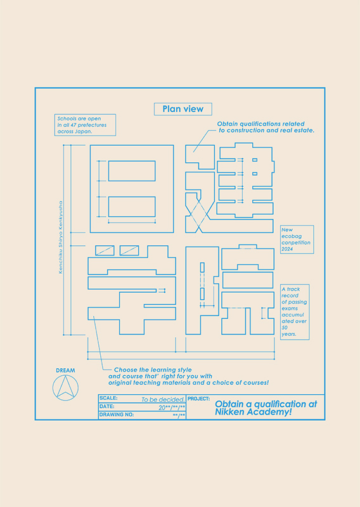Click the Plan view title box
coord(183,109)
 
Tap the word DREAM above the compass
coord(65,371)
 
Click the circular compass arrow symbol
coord(65,388)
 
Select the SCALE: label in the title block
coord(108,398)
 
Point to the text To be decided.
coord(163,400)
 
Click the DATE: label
coord(106,406)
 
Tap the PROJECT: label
coord(198,399)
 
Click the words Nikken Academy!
coord(254,413)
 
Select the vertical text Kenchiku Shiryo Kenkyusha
coord(60,238)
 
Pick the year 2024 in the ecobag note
coord(287,249)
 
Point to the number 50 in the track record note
coord(285,328)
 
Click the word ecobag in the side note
coord(292,236)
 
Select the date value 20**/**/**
coord(172,408)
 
